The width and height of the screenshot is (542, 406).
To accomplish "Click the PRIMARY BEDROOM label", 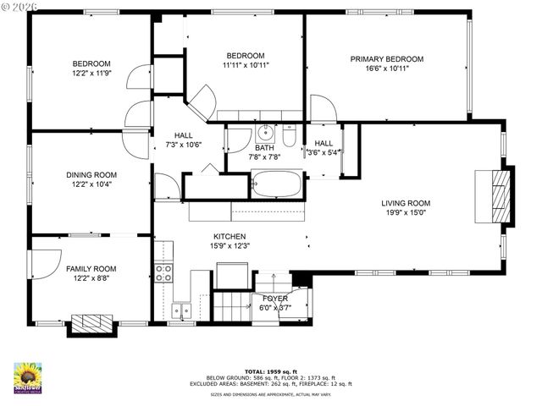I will point(387,59).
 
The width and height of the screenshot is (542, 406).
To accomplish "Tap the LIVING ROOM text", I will point(406,203).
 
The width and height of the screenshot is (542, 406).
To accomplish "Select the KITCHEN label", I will point(206,237).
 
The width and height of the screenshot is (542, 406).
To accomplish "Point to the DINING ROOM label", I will point(91,175).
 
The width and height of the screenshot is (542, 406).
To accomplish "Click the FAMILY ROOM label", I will point(91,268).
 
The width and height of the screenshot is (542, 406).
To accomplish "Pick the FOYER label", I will point(275,299).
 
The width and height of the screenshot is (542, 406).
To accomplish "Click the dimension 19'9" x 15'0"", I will point(406,212).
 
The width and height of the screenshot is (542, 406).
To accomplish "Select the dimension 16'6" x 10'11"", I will point(387,69).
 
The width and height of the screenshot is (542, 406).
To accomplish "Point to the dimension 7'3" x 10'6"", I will point(183,145).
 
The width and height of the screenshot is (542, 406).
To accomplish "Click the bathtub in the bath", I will point(276,184).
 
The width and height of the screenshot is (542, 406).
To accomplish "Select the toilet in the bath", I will point(289,135).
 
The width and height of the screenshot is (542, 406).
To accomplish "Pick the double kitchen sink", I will point(180,310).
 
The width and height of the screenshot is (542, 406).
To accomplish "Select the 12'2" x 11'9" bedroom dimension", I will point(91,74).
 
